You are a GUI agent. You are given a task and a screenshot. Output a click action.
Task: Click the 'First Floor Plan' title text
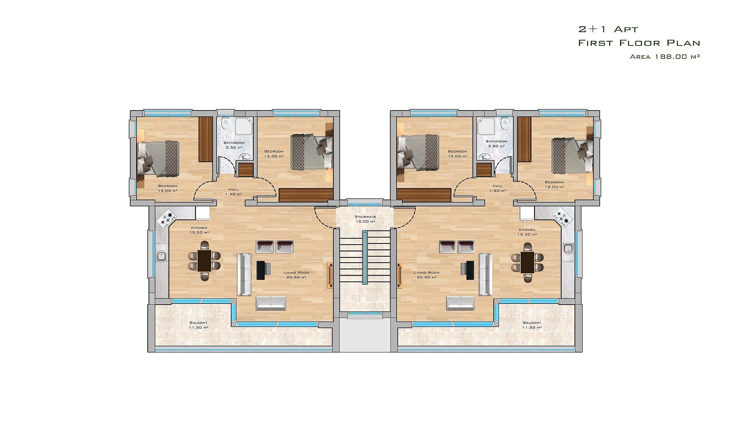click(639, 43)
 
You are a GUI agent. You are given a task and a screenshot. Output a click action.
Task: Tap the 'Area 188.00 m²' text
click(665, 56)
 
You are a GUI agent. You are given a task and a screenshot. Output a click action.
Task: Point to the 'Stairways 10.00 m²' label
click(365, 219)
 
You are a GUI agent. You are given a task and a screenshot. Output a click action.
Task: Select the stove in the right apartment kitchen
click(562, 217)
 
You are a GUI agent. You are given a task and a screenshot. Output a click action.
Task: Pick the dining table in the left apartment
click(204, 261)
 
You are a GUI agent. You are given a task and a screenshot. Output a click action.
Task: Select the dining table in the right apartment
click(527, 262)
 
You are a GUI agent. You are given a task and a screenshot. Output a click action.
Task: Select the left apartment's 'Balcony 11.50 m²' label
click(198, 325)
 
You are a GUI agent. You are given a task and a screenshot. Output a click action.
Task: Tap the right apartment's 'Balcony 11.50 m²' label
click(532, 325)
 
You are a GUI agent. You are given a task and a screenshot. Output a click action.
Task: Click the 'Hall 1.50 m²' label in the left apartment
click(233, 192)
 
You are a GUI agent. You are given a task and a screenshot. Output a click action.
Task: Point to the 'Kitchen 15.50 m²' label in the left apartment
click(199, 230)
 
